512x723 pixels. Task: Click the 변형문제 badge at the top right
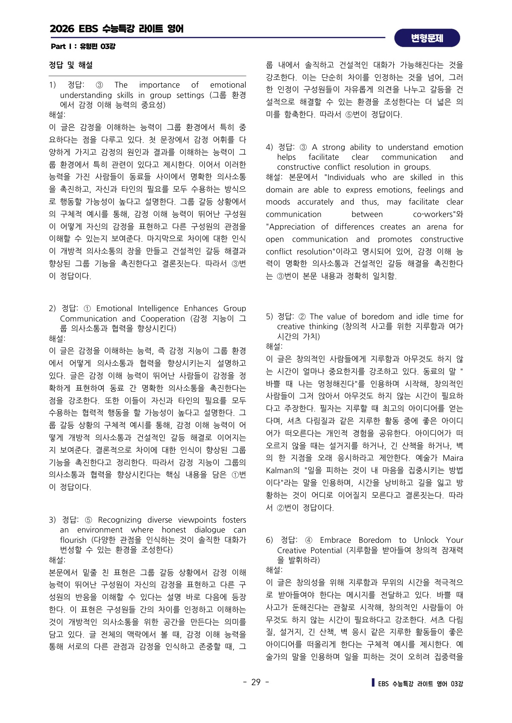pos(427,38)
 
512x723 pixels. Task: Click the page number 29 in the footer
pos(256,682)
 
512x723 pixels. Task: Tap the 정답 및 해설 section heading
pos(71,65)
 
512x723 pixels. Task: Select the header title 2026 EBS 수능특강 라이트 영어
pos(117,29)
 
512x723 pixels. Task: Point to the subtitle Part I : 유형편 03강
pos(83,46)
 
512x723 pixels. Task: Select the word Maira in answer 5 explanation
pos(453,458)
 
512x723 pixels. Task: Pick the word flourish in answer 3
pos(73,540)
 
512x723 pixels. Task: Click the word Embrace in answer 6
pos(337,540)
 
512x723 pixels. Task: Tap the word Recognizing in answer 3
pos(120,520)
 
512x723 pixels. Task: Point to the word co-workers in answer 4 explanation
pos(434,214)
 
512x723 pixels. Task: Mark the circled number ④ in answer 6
pos(308,540)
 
